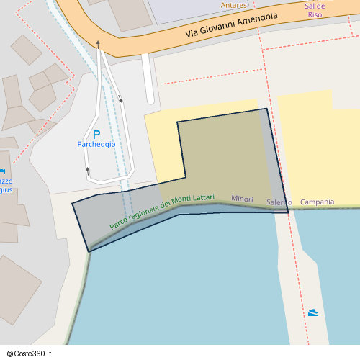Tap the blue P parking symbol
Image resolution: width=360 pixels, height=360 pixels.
tap(96, 134)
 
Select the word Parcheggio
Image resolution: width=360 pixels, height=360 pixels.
tap(96, 144)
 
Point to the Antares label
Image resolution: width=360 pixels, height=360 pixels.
tap(234, 5)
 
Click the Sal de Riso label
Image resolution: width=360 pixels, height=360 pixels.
tap(315, 9)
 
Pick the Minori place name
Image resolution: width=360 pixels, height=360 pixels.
tap(243, 198)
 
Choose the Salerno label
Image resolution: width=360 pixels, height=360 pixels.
tap(279, 202)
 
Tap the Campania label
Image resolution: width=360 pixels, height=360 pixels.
tap(317, 202)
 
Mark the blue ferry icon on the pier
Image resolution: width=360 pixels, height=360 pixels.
tap(312, 312)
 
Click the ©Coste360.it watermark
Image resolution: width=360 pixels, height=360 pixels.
tap(30, 354)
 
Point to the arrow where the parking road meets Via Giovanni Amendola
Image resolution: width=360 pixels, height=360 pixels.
tap(98, 44)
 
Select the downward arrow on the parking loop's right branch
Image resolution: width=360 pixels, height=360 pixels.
tap(120, 100)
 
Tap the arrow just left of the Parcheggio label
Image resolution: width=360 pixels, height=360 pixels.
tap(88, 170)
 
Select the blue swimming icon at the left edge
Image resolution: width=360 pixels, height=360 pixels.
tap(2, 171)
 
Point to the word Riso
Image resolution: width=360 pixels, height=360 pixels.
tap(315, 14)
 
